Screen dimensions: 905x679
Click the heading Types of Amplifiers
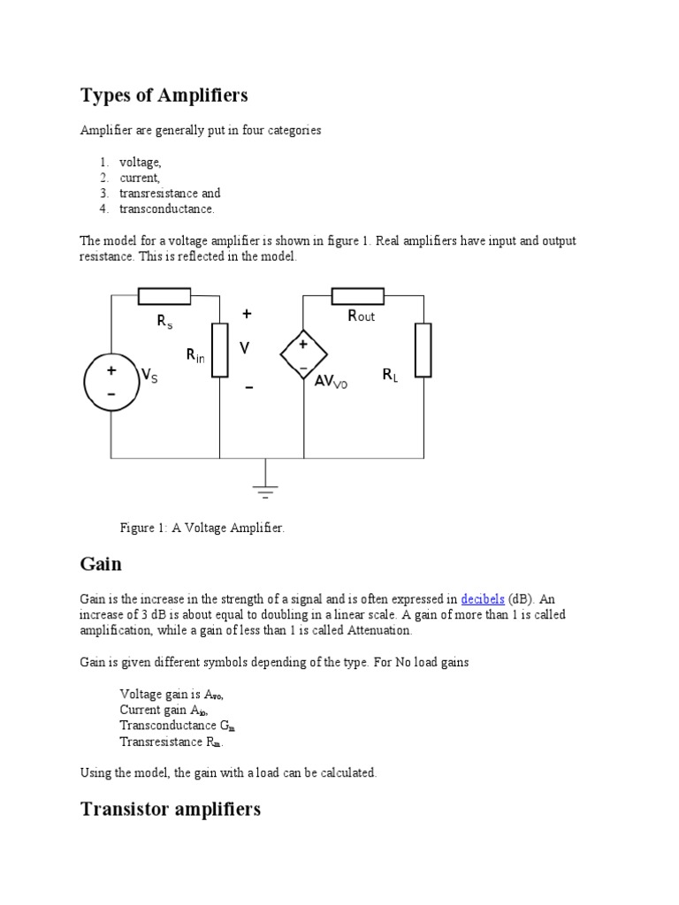coord(164,95)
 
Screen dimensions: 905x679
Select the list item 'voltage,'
coord(141,162)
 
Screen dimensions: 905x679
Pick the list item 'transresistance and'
coord(170,194)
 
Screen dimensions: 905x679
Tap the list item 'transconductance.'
coord(167,209)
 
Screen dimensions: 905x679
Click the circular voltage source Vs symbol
coord(111,381)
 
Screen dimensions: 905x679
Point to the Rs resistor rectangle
coord(164,296)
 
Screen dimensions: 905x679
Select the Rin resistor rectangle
coord(219,350)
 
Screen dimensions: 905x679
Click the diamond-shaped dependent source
coord(303,354)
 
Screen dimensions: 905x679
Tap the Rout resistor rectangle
coord(358,296)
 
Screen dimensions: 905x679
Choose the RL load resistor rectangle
coord(423,350)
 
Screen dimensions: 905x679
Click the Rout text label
coord(361,316)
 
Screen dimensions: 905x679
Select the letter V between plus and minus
coord(245,349)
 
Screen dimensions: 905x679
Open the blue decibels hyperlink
coord(482,598)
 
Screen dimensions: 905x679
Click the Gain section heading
coord(101,564)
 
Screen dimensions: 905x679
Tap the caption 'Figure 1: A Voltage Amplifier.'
coord(202,528)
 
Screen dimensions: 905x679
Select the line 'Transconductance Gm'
coord(177,726)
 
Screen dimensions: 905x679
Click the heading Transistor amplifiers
coord(171,809)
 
